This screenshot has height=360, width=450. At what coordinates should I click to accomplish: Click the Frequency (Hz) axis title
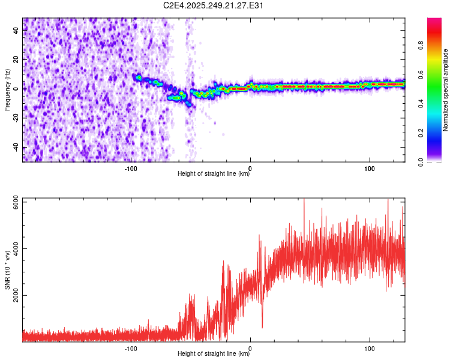(7, 89)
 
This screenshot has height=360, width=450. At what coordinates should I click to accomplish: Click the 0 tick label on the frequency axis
(16, 89)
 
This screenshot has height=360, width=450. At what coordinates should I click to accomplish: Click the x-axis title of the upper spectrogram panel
(214, 174)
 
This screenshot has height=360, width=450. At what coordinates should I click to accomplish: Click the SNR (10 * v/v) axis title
(7, 270)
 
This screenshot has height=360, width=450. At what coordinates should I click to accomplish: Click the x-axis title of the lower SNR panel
(214, 354)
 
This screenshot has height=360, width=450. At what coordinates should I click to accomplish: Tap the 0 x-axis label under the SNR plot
(250, 348)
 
